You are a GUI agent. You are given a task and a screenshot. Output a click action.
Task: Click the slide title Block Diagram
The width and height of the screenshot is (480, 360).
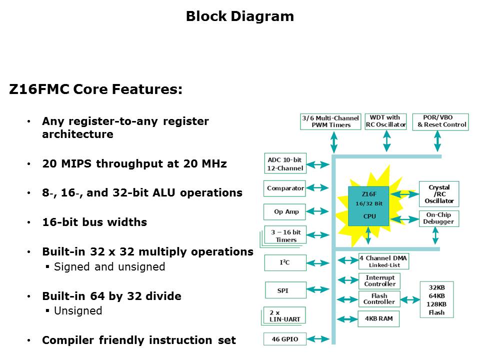coord(239,16)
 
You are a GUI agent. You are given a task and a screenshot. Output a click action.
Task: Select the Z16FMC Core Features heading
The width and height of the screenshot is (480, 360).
coord(95,90)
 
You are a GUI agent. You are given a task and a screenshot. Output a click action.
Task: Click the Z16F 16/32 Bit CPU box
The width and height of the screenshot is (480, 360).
coord(368,205)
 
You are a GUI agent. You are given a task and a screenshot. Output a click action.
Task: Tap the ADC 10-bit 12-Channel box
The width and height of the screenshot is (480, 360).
coord(285,163)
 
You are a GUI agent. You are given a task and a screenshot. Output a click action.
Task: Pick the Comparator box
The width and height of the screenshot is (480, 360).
coord(285,188)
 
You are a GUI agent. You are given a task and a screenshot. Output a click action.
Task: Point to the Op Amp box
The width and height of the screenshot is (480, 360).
coord(285,211)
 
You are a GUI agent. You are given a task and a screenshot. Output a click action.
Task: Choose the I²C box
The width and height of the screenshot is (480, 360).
coord(285,262)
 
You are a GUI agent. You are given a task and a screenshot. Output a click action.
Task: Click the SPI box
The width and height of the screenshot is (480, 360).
coord(285,290)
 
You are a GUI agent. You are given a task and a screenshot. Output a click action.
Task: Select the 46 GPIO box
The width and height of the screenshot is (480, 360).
coord(285,339)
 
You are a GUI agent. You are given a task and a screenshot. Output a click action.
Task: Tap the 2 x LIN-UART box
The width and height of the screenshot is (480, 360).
coord(285,315)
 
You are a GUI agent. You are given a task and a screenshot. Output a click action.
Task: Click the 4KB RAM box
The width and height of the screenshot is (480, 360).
coord(378,318)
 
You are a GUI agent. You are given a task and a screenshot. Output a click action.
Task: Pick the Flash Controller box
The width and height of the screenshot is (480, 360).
coord(379,299)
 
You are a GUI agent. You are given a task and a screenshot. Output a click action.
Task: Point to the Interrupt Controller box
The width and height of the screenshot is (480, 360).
coord(379,281)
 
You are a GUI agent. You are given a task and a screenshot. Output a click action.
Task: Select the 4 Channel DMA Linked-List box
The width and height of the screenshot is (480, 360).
coord(383,261)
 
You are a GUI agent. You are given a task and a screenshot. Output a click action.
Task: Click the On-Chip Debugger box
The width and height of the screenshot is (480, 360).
coord(438,218)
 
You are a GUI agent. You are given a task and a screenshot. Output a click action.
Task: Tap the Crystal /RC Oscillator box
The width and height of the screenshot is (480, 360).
coord(438,194)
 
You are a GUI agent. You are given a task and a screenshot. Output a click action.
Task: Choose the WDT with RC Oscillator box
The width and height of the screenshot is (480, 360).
coord(386,121)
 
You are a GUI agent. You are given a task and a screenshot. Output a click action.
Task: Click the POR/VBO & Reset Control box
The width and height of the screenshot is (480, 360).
coord(440,121)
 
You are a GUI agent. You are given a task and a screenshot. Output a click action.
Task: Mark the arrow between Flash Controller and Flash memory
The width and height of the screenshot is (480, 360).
coord(410,300)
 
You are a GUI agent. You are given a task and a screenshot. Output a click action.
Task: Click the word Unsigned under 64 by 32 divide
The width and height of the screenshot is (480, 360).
coord(77,311)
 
